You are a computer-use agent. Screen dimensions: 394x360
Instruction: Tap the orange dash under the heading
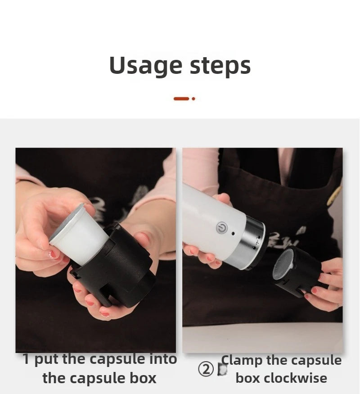pyautogui.click(x=181, y=98)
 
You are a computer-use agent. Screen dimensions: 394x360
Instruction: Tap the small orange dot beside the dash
pyautogui.click(x=193, y=98)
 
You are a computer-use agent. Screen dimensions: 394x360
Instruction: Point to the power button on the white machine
pyautogui.click(x=221, y=228)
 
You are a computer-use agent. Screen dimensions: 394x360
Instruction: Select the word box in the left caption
pyautogui.click(x=142, y=378)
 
